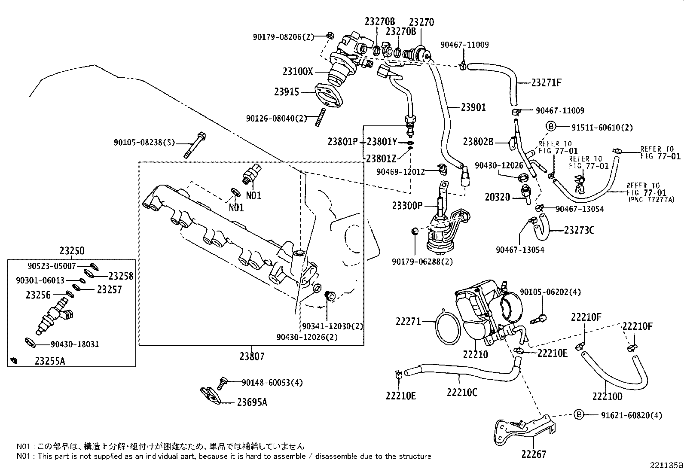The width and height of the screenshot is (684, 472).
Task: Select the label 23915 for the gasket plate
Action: point(287,91)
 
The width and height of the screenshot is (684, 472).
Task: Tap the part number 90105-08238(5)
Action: point(144,142)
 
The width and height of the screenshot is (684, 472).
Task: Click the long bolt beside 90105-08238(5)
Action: point(195,146)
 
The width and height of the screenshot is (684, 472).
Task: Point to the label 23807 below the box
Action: point(252,356)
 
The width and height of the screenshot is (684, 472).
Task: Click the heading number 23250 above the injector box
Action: point(72,251)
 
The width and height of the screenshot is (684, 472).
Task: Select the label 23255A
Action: point(49,361)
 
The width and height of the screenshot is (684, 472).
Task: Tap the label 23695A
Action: point(252,402)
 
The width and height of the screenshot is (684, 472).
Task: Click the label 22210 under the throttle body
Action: point(475,355)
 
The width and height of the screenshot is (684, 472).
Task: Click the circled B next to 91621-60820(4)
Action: point(579,414)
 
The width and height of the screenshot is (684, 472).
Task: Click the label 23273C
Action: point(579,231)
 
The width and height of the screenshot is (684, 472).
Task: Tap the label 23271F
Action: point(546,83)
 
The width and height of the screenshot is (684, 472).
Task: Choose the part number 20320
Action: point(497,197)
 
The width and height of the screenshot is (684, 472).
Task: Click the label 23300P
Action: point(407,206)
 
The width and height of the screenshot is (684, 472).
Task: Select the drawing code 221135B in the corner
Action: point(666,465)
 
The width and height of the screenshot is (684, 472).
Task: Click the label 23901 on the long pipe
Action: point(473,107)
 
